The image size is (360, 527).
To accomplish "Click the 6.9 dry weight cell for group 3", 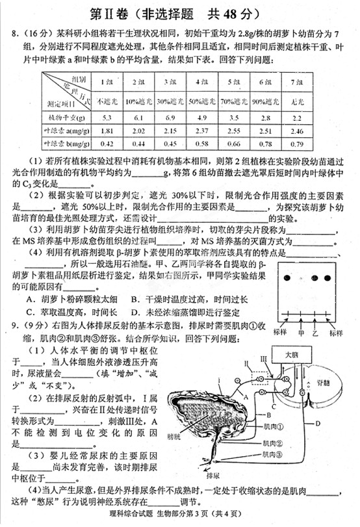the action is [172, 117].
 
